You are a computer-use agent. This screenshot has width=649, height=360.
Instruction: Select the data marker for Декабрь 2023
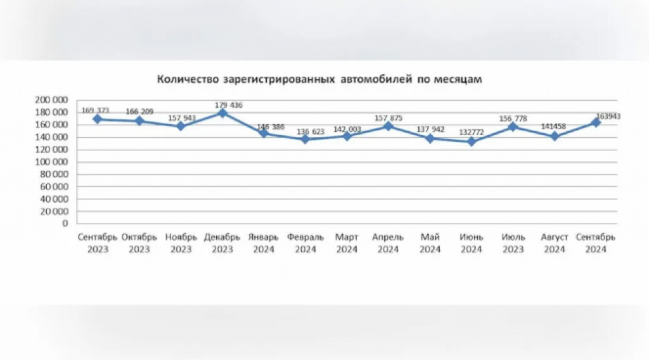(x=222, y=113)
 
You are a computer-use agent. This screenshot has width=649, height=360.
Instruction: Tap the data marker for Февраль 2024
(x=305, y=139)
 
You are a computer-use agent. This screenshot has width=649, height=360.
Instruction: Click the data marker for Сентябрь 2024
(x=596, y=122)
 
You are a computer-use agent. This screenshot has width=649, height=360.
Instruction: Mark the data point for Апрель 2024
(x=389, y=126)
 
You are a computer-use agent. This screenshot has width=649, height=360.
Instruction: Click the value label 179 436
(x=228, y=105)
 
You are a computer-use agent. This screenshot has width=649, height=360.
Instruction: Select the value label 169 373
(x=95, y=110)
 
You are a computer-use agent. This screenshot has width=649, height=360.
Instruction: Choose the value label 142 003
(x=347, y=129)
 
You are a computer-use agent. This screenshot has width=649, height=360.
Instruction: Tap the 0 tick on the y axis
(x=65, y=224)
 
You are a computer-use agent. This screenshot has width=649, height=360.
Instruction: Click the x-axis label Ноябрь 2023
(x=181, y=243)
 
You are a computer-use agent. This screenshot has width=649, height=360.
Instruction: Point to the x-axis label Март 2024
(x=347, y=243)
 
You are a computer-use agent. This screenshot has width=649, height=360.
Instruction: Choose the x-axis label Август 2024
(x=554, y=243)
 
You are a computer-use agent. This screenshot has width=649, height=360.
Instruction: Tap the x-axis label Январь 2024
(x=264, y=243)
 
